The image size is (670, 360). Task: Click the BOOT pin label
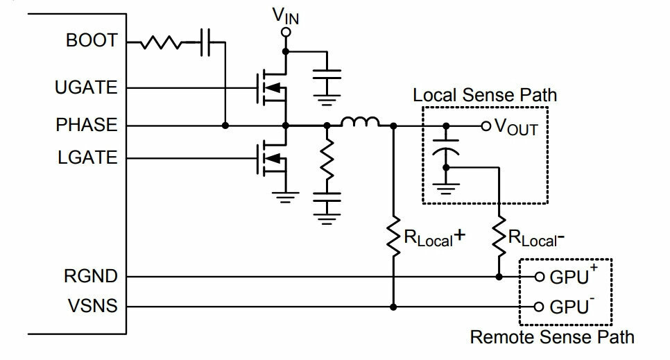click(x=92, y=41)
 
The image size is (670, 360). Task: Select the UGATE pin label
click(x=86, y=87)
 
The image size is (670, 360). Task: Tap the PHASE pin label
click(x=86, y=125)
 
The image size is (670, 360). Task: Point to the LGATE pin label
click(x=87, y=157)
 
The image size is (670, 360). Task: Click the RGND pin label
click(x=91, y=276)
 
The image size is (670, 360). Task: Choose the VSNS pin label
click(x=92, y=306)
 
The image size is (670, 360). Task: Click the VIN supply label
click(x=286, y=16)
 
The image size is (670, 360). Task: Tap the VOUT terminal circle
click(x=486, y=126)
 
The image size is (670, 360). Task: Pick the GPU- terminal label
click(x=572, y=305)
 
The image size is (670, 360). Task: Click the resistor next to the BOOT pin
click(x=161, y=42)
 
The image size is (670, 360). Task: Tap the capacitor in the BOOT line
click(x=205, y=42)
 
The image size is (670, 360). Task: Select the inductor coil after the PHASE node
click(x=360, y=122)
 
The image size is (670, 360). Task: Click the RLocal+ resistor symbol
click(x=393, y=237)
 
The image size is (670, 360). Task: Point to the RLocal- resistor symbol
click(x=499, y=237)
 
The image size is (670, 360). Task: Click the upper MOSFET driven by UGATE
click(x=272, y=88)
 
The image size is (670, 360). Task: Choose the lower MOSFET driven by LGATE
click(x=272, y=159)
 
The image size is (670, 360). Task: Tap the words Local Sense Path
click(x=485, y=95)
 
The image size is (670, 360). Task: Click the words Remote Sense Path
click(x=552, y=337)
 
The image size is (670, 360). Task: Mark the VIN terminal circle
click(x=286, y=32)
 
